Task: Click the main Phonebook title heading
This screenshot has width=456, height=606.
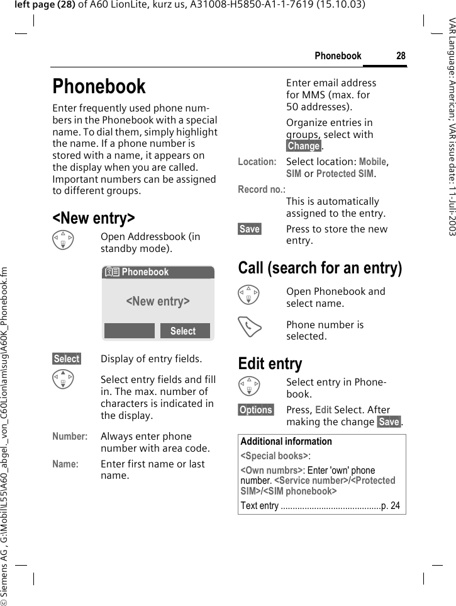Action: pos(99,86)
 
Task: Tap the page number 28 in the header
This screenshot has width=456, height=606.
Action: pos(401,56)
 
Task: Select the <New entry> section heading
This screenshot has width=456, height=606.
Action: pos(93,218)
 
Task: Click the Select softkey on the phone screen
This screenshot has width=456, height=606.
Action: pos(183,331)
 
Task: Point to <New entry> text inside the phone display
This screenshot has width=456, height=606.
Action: pos(158,301)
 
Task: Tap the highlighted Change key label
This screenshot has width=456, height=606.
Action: pos(304,146)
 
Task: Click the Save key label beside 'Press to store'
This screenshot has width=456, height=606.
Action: pos(250,229)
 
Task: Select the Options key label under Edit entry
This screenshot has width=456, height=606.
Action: pos(256,410)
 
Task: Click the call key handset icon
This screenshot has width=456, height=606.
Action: pos(251,326)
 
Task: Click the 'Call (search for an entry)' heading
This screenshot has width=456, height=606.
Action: pos(320,268)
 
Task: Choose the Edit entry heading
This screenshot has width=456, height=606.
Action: pos(270,363)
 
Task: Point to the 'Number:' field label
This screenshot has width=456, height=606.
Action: pos(70,437)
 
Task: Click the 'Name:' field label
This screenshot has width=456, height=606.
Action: pos(65,464)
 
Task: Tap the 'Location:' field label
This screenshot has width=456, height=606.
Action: pos(257,162)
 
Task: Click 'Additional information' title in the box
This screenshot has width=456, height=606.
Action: pos(286,442)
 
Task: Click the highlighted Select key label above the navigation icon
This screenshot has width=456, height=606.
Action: pos(67,359)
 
